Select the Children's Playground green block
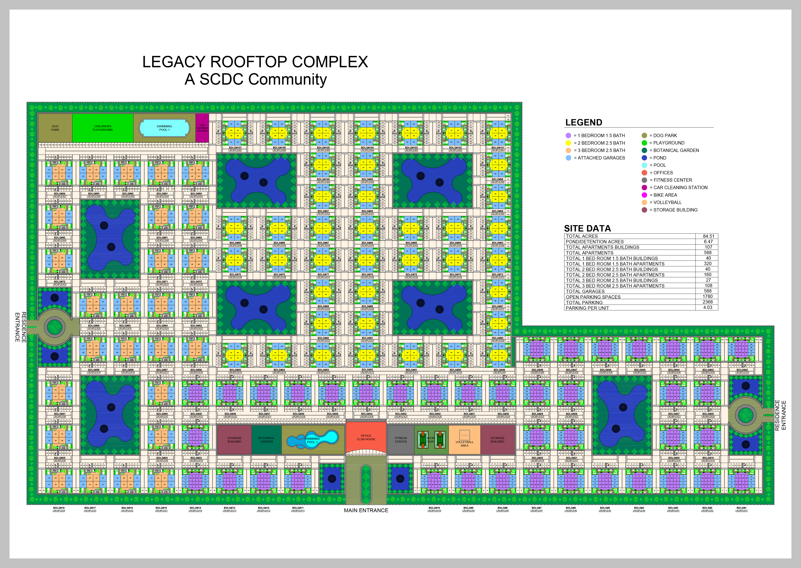(102, 128)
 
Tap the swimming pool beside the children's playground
(164, 128)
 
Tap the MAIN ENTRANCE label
(366, 510)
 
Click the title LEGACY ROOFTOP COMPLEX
(255, 62)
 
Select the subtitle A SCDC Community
(256, 79)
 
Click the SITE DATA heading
(587, 228)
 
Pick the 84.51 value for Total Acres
(708, 236)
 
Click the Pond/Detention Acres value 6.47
(708, 242)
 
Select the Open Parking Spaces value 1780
(708, 297)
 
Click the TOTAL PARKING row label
(584, 303)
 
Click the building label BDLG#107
(235, 148)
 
